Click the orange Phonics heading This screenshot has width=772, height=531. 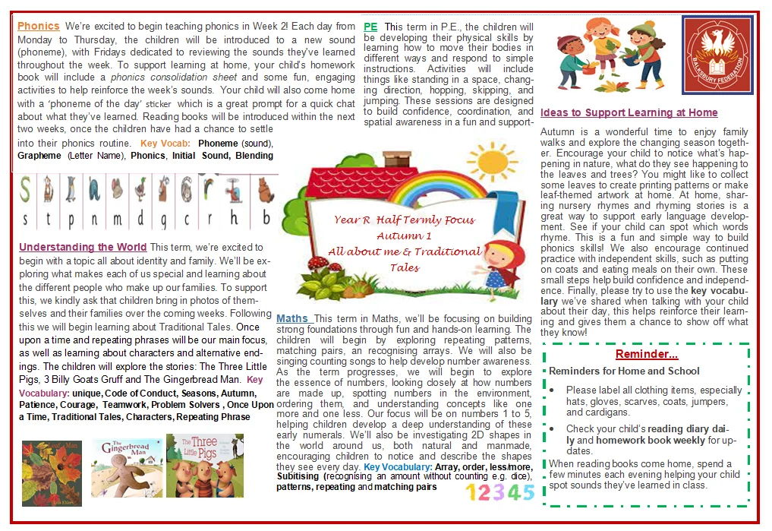[38, 26]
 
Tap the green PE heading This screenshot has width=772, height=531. [370, 26]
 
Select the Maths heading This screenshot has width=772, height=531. [293, 318]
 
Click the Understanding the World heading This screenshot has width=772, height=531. [83, 247]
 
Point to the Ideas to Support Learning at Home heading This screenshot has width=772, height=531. [629, 112]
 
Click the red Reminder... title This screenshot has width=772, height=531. [646, 355]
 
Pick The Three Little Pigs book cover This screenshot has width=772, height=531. [204, 465]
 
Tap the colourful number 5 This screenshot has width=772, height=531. [528, 492]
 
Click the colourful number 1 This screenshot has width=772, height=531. [471, 493]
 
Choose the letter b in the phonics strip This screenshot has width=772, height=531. [266, 220]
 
